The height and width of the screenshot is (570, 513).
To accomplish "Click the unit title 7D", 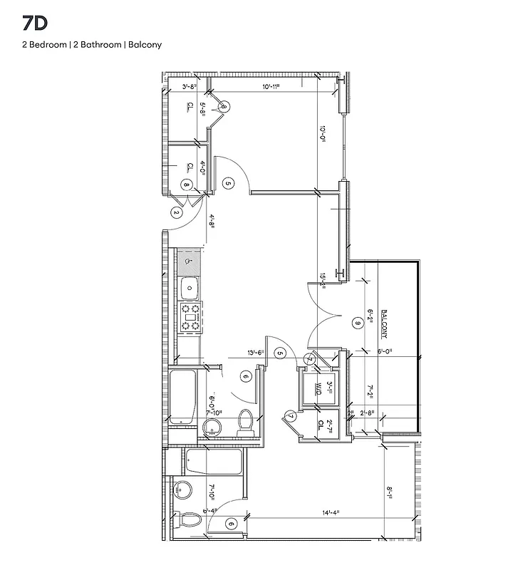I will point(34,23).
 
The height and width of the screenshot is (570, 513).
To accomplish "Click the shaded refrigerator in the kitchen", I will point(189,261).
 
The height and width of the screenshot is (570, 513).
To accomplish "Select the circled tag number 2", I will point(176,212).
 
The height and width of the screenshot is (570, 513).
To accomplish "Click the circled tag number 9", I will point(358,323).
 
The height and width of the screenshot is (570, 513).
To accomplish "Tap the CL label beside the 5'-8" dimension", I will point(189,108).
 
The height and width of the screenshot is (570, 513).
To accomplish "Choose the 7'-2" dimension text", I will point(369,392).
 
